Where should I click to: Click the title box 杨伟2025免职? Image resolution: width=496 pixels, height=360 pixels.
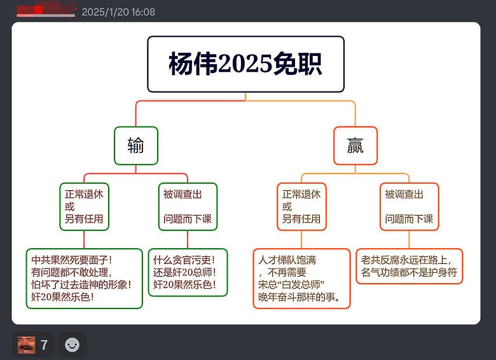click(246, 64)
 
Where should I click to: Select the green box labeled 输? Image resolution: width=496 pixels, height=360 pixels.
click(136, 146)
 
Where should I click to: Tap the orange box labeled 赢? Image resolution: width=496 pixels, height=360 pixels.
click(355, 146)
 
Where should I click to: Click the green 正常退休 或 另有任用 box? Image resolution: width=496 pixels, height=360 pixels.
click(84, 207)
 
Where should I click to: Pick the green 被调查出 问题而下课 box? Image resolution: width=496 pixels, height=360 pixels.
click(188, 207)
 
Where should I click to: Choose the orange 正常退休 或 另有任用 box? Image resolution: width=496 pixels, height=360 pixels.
click(301, 207)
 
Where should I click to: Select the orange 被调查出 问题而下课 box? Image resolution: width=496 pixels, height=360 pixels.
click(410, 207)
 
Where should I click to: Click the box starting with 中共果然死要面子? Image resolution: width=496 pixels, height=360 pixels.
click(84, 279)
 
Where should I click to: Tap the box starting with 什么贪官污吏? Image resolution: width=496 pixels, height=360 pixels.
click(188, 272)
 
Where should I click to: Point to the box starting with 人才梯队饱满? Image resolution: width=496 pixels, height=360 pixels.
click(301, 279)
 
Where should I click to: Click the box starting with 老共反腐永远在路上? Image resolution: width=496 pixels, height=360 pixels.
click(410, 266)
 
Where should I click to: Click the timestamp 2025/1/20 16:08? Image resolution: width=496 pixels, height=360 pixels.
click(118, 12)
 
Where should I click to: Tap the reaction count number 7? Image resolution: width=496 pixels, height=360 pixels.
click(44, 345)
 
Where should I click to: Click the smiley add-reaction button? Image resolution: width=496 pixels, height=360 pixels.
click(72, 345)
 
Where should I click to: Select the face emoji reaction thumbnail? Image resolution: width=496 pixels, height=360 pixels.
click(26, 345)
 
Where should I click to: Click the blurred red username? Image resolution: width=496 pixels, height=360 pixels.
click(46, 10)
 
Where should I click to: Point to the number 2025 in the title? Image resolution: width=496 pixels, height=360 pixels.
click(245, 64)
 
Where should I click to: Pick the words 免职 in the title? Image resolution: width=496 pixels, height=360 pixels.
click(298, 64)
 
